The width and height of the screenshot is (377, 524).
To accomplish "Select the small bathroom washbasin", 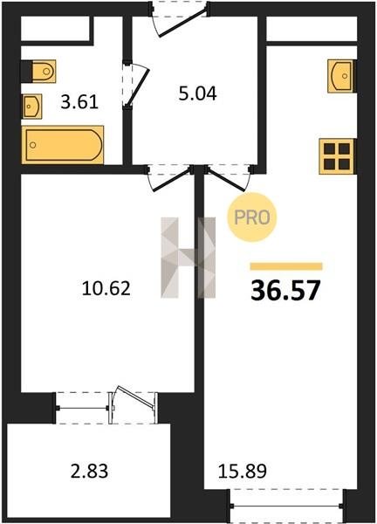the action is [x=32, y=107].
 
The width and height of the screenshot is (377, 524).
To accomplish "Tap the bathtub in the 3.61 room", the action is [x=63, y=145].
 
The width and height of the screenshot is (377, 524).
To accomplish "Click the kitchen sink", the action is [x=340, y=76].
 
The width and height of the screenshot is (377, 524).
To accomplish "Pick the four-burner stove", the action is [x=337, y=156].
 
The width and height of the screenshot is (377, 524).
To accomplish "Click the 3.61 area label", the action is [x=79, y=102].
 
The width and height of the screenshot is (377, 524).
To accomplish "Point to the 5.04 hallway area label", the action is [x=198, y=93].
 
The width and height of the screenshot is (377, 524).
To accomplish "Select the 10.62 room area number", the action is [x=106, y=288].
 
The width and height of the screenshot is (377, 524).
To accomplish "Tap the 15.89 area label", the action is [x=243, y=471].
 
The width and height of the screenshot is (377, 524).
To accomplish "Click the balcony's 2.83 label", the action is [x=89, y=471].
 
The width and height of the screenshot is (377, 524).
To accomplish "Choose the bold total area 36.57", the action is [x=285, y=290].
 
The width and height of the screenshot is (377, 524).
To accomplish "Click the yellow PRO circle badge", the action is [x=252, y=217].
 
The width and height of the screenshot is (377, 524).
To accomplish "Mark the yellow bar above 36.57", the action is [x=286, y=266].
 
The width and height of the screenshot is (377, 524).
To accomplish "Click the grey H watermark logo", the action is [x=188, y=258].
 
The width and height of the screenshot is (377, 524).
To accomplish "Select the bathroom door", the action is [x=134, y=85].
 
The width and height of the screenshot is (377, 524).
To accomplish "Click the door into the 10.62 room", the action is [x=169, y=178].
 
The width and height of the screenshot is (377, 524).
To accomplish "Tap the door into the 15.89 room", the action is [x=229, y=178].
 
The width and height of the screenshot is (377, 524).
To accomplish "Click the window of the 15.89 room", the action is [x=287, y=506].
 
